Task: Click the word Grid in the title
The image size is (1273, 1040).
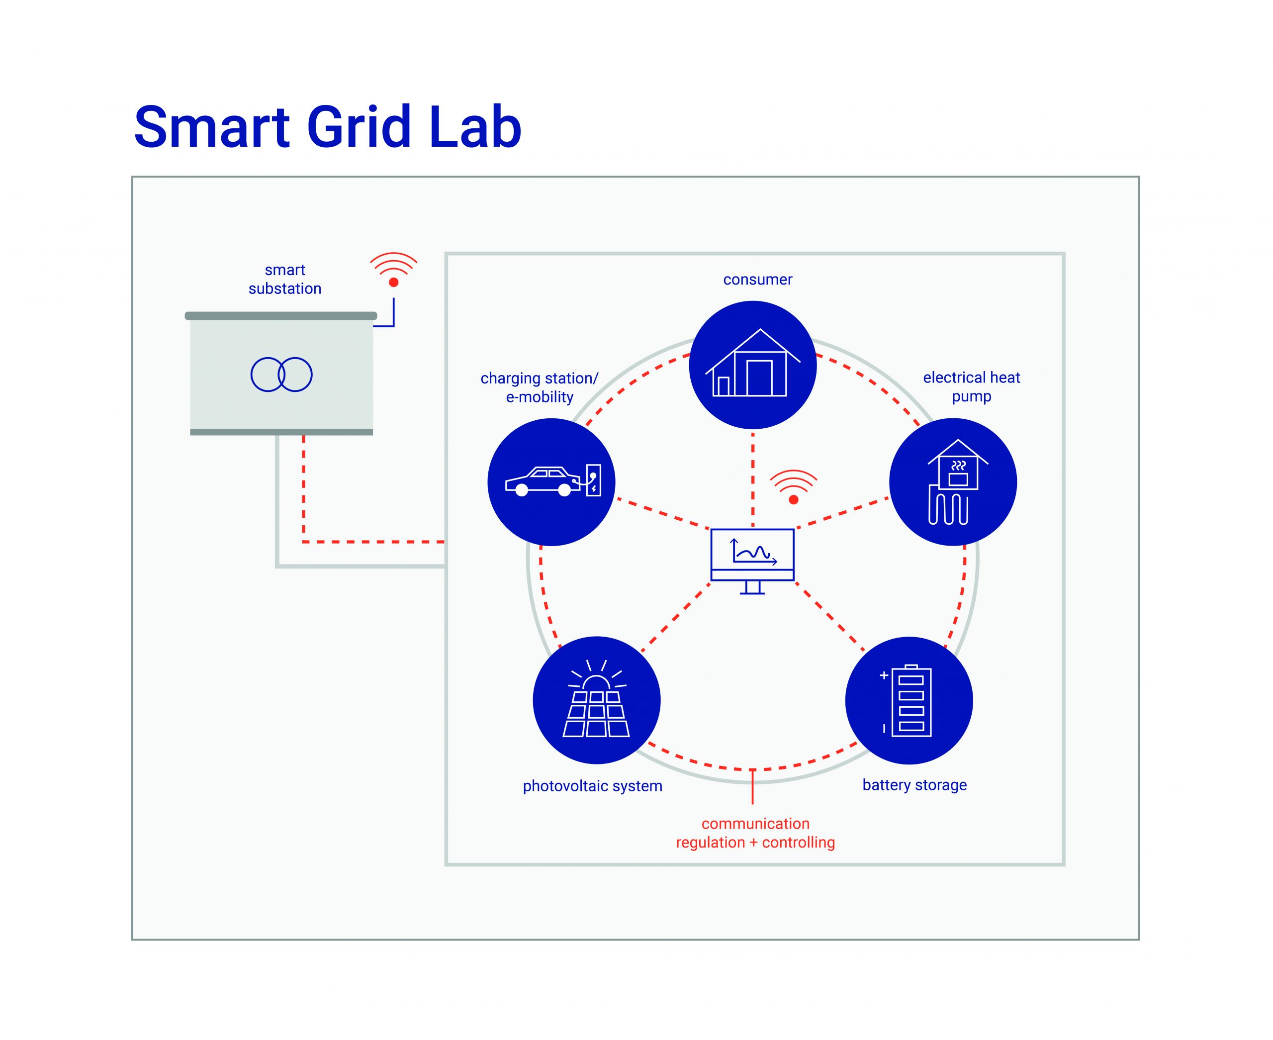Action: (358, 128)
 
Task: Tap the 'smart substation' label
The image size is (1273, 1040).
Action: (284, 279)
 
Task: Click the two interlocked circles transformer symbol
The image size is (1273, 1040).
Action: (281, 375)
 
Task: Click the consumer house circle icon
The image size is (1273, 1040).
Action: (752, 365)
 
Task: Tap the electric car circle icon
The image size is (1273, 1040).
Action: (551, 482)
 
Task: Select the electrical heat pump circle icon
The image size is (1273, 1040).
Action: (952, 482)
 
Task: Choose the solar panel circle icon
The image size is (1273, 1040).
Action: (596, 700)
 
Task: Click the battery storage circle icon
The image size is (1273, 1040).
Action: (909, 700)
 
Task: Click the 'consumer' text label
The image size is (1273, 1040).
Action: (757, 280)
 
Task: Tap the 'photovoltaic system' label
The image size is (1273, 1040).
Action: (592, 786)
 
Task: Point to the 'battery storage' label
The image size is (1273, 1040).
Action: (914, 785)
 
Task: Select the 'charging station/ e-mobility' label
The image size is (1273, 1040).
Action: (539, 387)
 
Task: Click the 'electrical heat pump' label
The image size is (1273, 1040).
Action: (971, 386)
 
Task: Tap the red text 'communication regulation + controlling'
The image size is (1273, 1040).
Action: (755, 833)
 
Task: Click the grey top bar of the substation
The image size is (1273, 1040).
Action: (280, 316)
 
